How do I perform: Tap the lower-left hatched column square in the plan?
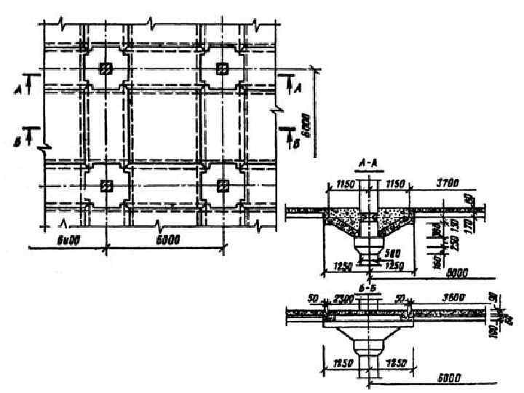(106, 186)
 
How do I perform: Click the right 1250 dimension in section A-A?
(395, 266)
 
